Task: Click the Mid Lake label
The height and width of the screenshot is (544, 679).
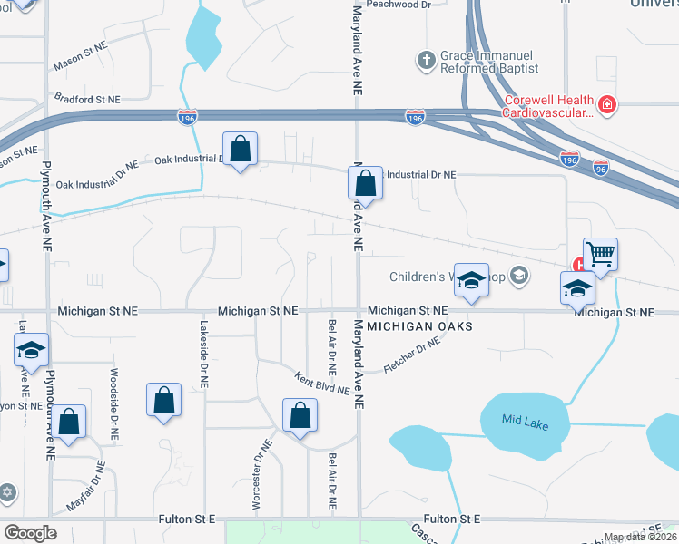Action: click(x=526, y=422)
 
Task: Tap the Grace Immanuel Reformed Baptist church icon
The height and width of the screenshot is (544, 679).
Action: click(x=425, y=62)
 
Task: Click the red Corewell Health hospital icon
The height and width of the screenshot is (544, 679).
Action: click(x=606, y=106)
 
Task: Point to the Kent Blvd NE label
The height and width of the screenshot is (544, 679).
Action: click(x=321, y=383)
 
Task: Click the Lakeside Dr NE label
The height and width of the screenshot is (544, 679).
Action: click(x=204, y=355)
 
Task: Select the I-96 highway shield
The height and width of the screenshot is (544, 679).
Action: click(x=600, y=169)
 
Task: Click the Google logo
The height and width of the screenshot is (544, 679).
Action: click(x=30, y=533)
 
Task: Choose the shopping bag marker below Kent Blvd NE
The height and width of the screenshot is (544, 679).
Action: click(x=300, y=416)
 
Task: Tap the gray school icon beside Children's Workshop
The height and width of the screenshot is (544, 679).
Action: click(x=518, y=275)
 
